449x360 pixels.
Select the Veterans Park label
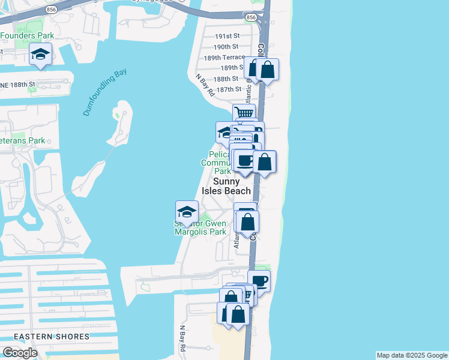point(23,141)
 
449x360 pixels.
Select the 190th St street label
point(226,47)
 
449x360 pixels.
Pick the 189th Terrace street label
point(224,58)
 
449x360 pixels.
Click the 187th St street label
point(229,89)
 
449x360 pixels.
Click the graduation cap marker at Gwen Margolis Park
point(187,212)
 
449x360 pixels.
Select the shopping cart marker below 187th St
point(244,113)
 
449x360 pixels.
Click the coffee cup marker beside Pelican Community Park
point(244,161)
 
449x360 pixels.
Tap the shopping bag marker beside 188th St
point(267,70)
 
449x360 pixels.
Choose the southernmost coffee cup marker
point(259,281)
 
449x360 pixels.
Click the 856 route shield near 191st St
point(251,18)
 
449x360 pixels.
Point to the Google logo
point(19,353)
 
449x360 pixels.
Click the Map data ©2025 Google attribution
point(412,355)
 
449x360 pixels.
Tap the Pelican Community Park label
point(216,162)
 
